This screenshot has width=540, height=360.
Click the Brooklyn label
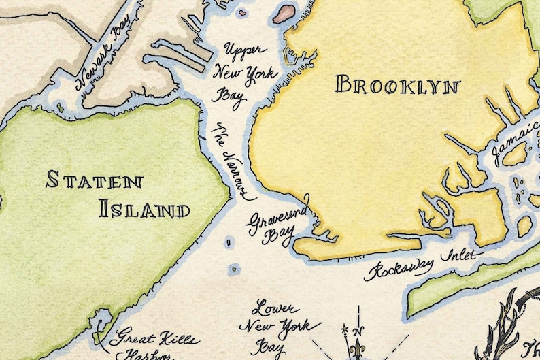point(397,86)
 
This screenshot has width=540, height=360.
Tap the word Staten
point(95,180)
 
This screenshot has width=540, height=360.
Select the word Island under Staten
point(144,209)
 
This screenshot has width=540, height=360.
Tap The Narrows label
point(232,162)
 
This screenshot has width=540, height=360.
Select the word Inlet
point(461,255)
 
